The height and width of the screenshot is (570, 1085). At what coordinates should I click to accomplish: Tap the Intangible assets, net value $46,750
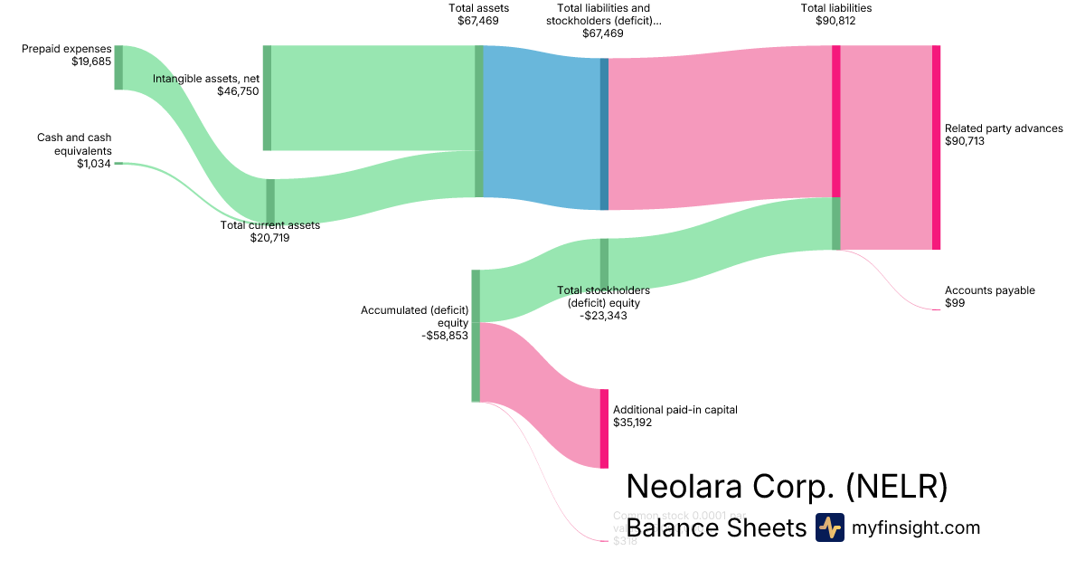pos(238,91)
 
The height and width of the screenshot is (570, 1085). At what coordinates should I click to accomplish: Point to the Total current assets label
pos(269,225)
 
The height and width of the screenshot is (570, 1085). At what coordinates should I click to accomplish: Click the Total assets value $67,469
pos(477,20)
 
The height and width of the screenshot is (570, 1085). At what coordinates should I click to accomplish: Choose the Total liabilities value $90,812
pos(835,20)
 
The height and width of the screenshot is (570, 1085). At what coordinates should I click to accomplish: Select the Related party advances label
pos(1004,128)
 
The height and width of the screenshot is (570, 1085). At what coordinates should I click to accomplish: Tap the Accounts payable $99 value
pos(955,303)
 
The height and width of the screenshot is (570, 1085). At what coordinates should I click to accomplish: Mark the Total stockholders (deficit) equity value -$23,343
pos(603,316)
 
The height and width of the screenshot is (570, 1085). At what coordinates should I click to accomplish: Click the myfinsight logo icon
pos(829,527)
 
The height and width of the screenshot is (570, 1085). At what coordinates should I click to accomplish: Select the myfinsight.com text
pos(916,527)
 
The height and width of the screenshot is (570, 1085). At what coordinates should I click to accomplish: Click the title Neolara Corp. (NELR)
pos(787,487)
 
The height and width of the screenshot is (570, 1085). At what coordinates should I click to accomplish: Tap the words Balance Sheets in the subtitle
pos(715,527)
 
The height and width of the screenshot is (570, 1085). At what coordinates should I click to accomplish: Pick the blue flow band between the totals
pos(542,127)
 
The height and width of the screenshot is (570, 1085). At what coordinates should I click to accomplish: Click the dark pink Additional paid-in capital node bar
pos(604,428)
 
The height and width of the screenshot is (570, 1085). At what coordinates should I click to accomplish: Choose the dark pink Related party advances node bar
pos(936,147)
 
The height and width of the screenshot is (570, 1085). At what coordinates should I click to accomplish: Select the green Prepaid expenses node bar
pos(118,67)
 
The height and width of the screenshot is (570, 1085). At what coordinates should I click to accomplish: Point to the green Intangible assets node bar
pos(267,98)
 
